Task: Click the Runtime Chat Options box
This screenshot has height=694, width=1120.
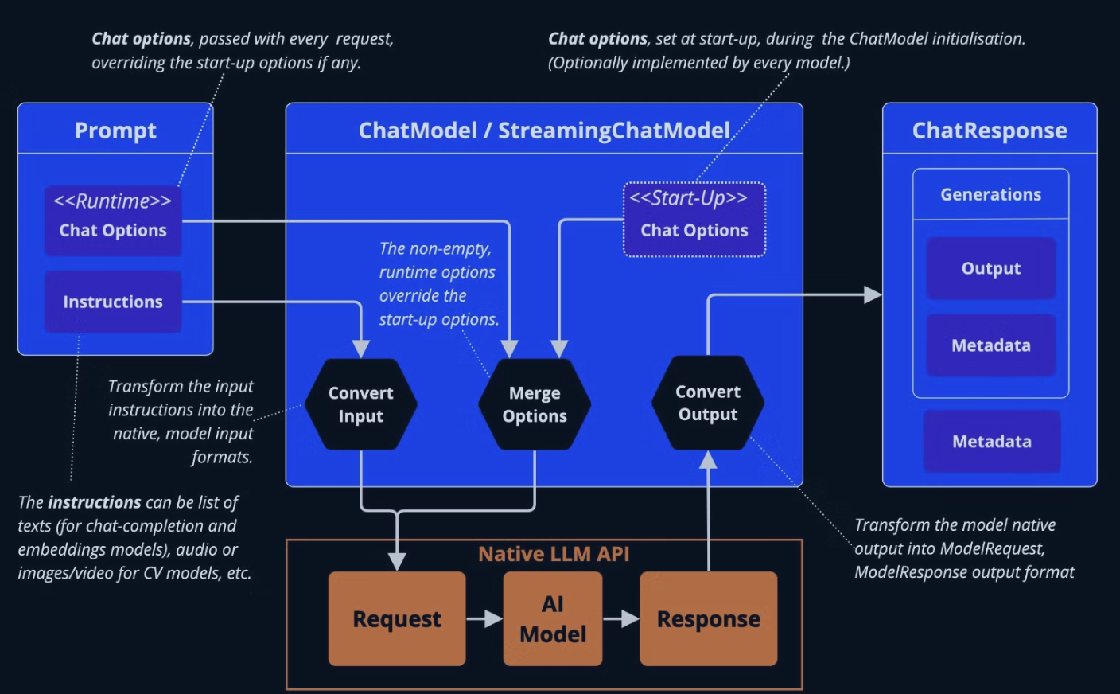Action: pyautogui.click(x=113, y=220)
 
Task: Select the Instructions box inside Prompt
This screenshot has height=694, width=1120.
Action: pyautogui.click(x=113, y=302)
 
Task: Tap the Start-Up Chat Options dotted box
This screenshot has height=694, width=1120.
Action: pyautogui.click(x=694, y=220)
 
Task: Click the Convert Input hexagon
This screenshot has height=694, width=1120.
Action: pyautogui.click(x=361, y=404)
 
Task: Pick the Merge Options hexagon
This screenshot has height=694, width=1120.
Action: pyautogui.click(x=535, y=404)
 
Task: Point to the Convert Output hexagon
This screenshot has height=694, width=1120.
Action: pyautogui.click(x=708, y=403)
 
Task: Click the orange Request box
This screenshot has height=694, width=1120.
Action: pyautogui.click(x=397, y=618)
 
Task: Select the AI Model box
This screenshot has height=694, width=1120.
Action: pyautogui.click(x=553, y=618)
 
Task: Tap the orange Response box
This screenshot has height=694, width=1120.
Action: pyautogui.click(x=709, y=618)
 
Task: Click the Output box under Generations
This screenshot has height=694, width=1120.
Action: pyautogui.click(x=991, y=268)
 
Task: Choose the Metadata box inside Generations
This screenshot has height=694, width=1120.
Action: pyautogui.click(x=991, y=345)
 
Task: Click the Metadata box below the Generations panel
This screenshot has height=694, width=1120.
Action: pyautogui.click(x=992, y=441)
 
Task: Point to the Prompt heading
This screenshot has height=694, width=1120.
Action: pyautogui.click(x=115, y=130)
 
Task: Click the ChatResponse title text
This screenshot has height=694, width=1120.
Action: pyautogui.click(x=990, y=130)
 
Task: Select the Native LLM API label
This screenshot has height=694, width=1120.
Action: pyautogui.click(x=554, y=554)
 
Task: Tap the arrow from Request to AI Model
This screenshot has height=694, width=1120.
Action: pyautogui.click(x=484, y=618)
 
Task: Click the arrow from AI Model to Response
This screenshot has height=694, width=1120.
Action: pyautogui.click(x=620, y=618)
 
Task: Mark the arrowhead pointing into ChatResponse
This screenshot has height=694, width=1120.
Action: pyautogui.click(x=873, y=295)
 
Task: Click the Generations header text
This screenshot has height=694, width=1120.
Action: pyautogui.click(x=991, y=194)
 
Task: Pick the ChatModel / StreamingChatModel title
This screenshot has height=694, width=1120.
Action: pyautogui.click(x=544, y=130)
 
